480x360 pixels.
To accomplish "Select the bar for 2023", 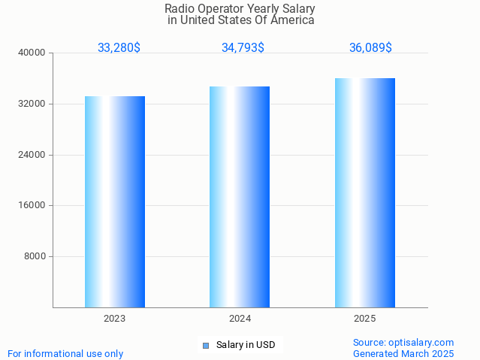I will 115,201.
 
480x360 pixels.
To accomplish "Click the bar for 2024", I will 240,197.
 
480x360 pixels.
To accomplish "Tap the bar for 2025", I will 365,192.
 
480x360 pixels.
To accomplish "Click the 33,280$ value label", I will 119,48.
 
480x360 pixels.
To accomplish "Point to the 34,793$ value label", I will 243,48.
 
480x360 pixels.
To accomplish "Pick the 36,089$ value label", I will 370,48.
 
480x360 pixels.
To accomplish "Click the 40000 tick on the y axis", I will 33,53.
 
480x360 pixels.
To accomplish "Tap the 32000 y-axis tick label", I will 33,104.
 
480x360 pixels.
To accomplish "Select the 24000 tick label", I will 33,155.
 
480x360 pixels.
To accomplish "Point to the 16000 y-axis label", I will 33,205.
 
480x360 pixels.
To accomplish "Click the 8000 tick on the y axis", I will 35,256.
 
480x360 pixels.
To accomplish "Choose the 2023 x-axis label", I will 115,319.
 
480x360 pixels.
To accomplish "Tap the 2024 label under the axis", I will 240,319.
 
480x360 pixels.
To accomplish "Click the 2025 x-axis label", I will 365,319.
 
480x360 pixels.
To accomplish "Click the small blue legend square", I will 205,346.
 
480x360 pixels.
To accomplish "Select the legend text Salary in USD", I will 246,346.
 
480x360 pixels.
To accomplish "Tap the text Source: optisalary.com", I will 403,343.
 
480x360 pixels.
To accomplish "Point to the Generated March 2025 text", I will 403,353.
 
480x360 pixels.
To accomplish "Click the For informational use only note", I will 65,353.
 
